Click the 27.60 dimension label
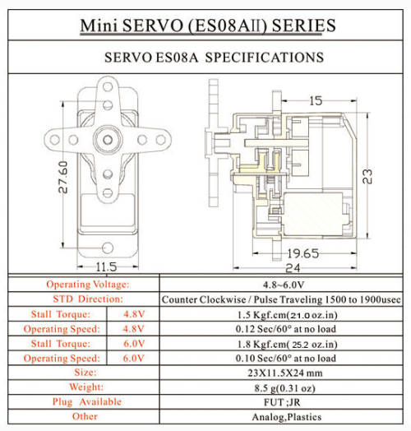(63, 177)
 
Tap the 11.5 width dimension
(106, 266)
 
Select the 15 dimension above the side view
(316, 101)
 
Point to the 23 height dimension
(367, 176)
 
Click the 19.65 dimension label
(303, 253)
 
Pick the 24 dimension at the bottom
(293, 267)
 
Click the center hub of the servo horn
(108, 140)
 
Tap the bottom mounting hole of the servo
(108, 248)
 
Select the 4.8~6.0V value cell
(284, 285)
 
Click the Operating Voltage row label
(88, 285)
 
